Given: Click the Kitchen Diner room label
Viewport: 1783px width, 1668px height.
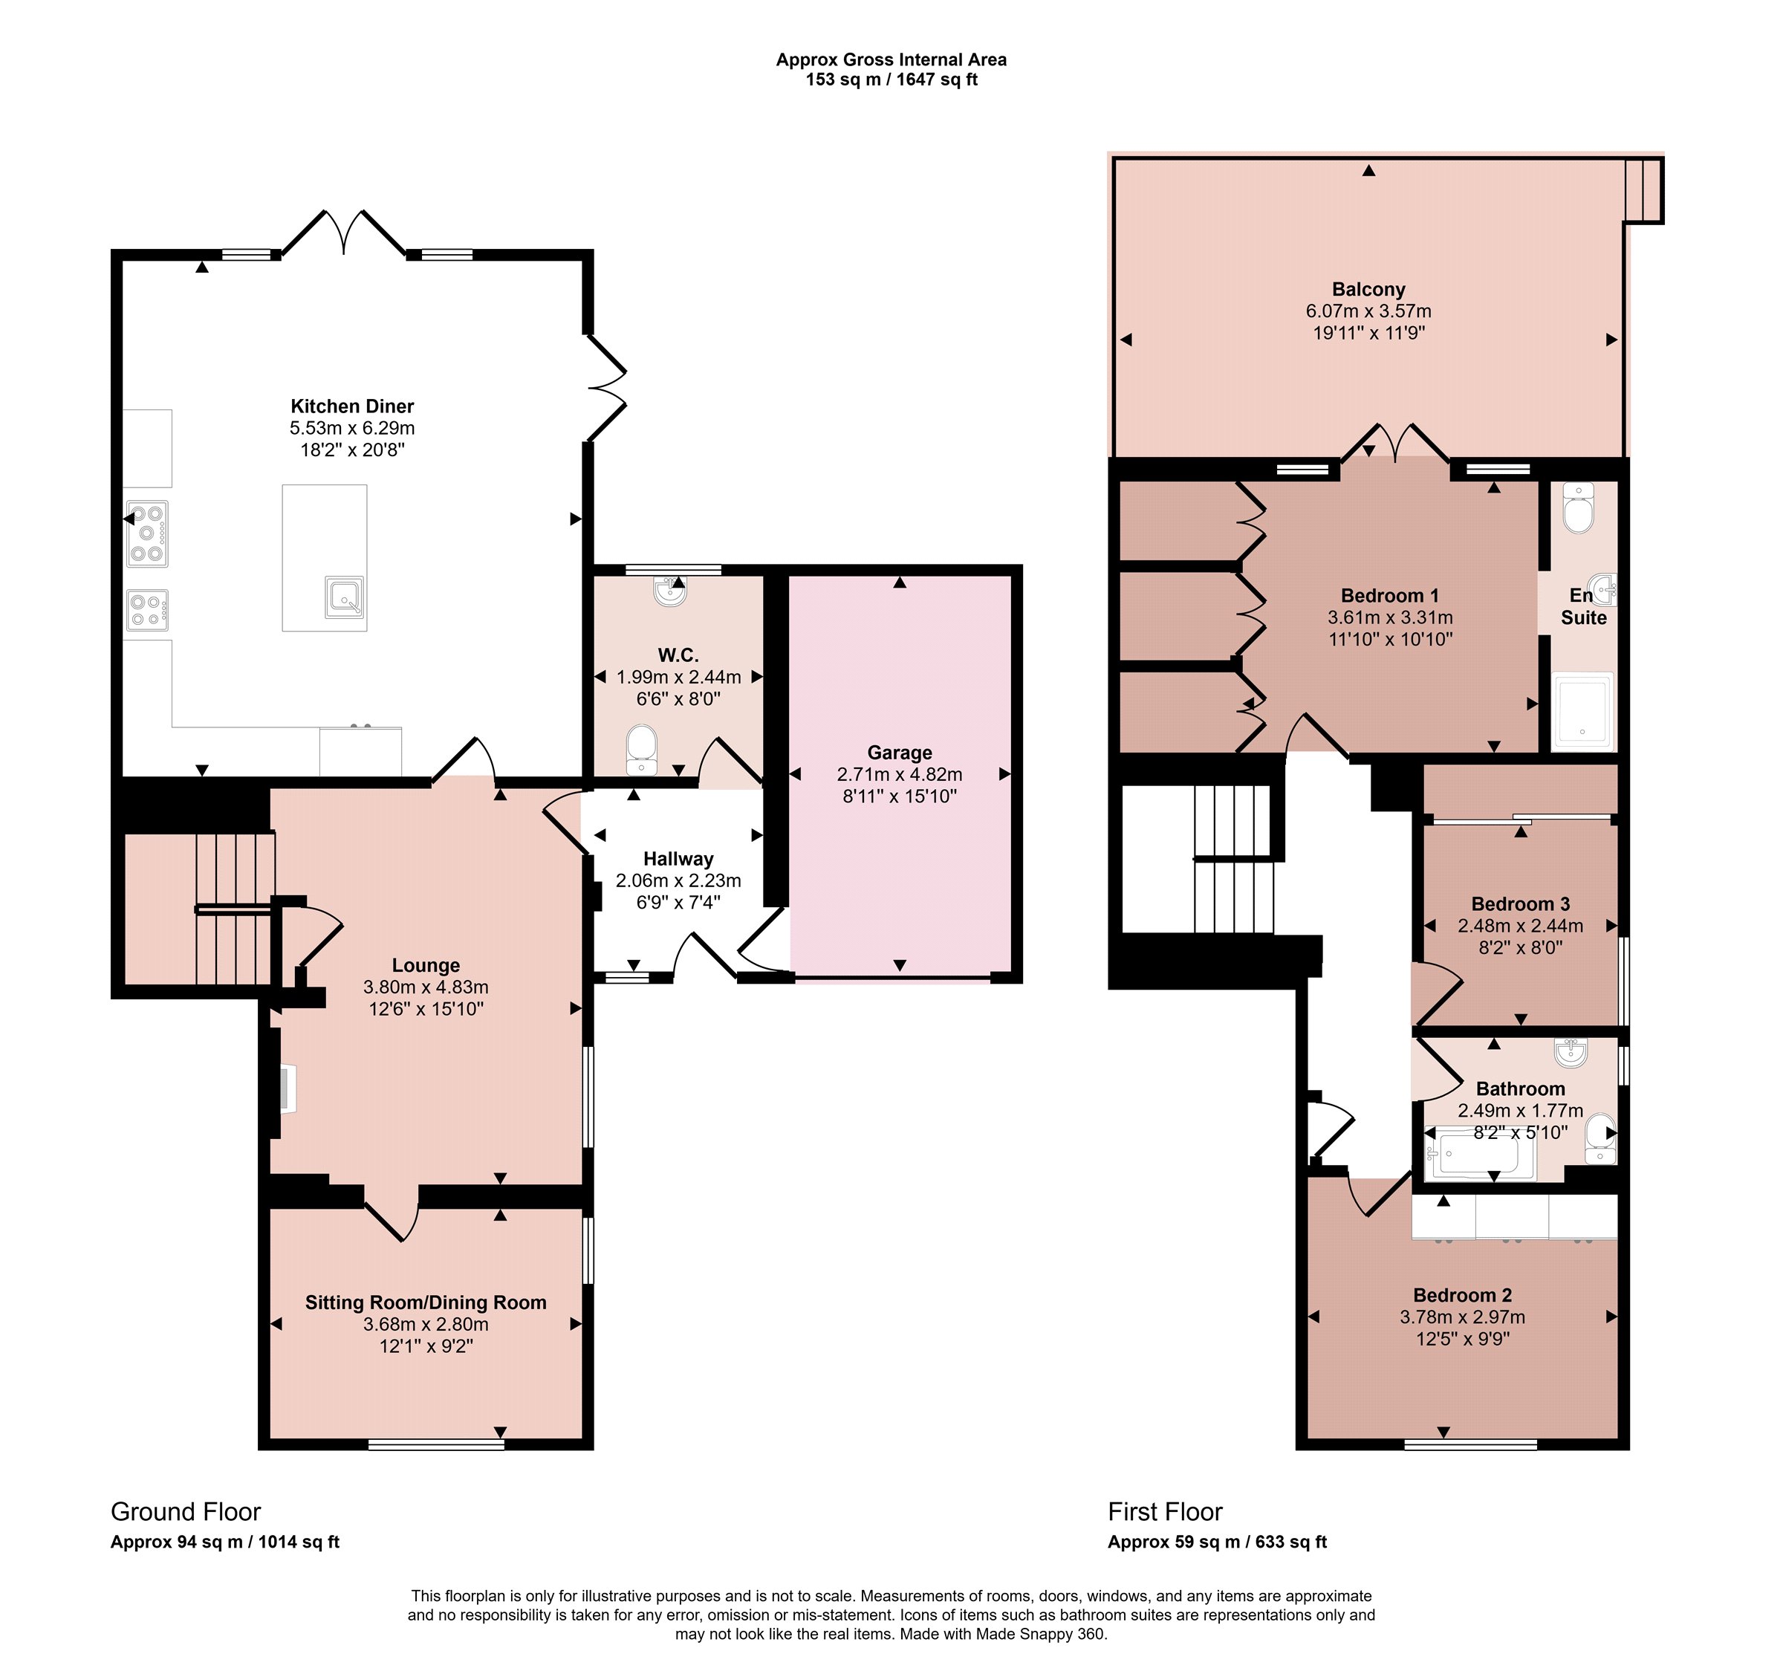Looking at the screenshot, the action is (352, 406).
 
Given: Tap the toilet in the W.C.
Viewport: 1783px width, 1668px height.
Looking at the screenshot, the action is (641, 750).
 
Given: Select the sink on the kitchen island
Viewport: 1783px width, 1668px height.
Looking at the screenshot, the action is (345, 597).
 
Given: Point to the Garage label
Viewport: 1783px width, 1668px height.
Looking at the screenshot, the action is (900, 753).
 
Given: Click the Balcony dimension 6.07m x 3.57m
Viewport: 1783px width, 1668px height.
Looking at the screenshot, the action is (1368, 311).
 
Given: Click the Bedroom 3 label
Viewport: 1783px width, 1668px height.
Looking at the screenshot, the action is (1520, 904).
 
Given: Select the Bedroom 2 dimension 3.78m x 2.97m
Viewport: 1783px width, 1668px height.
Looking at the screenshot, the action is (1463, 1317).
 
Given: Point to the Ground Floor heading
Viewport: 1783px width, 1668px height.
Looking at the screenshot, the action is (186, 1512).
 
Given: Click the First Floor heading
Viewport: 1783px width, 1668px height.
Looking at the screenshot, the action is (1165, 1512).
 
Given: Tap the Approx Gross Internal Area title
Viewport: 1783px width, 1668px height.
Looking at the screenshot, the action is (891, 60).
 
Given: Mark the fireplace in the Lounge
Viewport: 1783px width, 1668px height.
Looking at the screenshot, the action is (286, 1089).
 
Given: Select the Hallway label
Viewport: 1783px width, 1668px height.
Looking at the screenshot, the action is (678, 859).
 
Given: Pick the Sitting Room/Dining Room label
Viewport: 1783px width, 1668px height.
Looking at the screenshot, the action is (426, 1302).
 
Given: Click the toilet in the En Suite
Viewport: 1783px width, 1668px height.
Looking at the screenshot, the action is (1578, 507).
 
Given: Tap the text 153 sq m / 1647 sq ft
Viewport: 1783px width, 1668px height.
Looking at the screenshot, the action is (891, 79).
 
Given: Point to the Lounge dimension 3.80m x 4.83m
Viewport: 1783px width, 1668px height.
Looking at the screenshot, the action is (426, 987).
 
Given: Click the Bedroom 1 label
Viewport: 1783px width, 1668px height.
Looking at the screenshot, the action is (1390, 595).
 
